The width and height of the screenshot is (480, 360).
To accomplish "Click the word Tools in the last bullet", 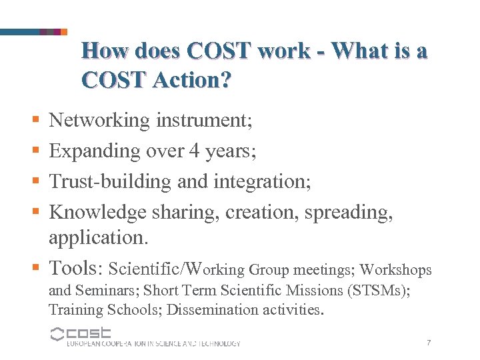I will (x=73, y=268).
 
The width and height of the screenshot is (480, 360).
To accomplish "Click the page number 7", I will (x=429, y=343).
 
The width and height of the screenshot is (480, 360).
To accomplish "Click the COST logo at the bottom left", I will (x=81, y=333).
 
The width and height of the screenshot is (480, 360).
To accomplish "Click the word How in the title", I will (x=105, y=51).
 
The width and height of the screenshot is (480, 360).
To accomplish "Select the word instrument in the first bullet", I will (x=199, y=121).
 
